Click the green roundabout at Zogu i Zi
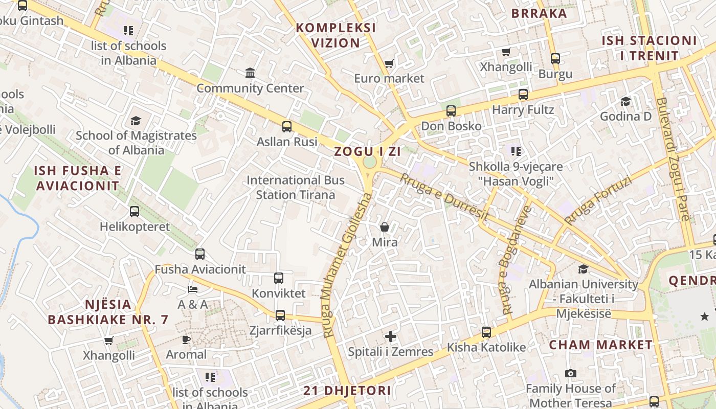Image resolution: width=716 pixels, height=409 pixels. point(369,163)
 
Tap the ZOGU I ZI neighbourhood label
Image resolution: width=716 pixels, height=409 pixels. point(367,151)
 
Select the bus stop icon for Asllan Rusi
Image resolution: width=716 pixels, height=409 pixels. point(287,127)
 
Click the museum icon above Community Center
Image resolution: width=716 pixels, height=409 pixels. point(250,73)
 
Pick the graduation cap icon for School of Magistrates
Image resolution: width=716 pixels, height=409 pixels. point(136,121)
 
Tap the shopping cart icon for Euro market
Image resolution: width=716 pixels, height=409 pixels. point(389,64)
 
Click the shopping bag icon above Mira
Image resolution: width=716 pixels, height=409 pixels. point(385,227)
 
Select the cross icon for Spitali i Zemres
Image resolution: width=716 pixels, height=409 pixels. point(391,336)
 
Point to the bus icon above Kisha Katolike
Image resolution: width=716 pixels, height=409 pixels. point(486,332)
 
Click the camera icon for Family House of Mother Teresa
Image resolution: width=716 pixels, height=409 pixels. point(571,374)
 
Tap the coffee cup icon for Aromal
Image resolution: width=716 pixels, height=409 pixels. point(186,339)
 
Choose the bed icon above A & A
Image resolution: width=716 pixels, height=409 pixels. point(192,289)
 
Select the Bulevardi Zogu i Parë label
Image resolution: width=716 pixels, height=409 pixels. point(675,158)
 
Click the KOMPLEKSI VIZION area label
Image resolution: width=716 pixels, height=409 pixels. point(336,35)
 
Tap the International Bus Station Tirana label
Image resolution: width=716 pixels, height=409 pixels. point(296,188)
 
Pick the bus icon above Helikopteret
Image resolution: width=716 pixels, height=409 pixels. point(135,212)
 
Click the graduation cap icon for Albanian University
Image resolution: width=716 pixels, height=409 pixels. point(583,269)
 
